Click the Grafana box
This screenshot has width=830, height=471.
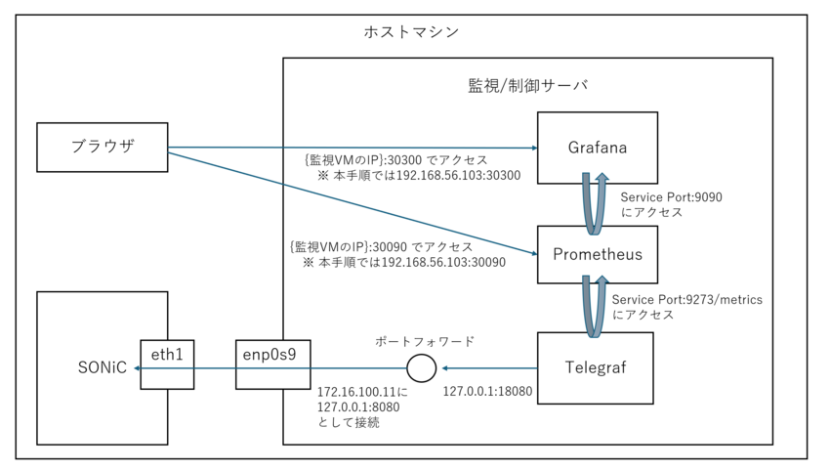tap(597, 148)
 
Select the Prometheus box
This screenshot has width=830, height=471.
tap(597, 254)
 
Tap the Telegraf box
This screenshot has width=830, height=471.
tap(595, 368)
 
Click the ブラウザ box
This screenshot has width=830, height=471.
tap(103, 148)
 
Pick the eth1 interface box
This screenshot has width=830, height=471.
tap(167, 364)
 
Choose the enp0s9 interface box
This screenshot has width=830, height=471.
tap(272, 364)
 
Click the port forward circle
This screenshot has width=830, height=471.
tap(422, 367)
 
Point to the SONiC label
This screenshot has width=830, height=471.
tap(103, 367)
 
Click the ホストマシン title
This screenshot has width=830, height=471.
tap(411, 32)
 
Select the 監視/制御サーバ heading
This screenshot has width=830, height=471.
tap(527, 85)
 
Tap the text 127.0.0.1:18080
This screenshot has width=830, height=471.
tap(487, 392)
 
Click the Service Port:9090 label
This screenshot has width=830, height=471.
tap(671, 197)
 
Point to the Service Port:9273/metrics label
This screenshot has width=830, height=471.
tap(687, 299)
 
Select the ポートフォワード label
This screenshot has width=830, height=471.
tap(425, 341)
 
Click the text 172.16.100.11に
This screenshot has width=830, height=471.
tap(362, 392)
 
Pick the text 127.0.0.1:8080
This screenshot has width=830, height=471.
tap(358, 407)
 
